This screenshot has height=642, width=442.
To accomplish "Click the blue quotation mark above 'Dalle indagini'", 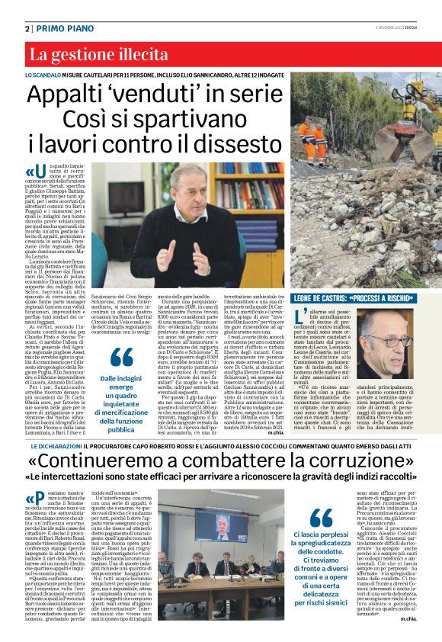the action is click(x=121, y=357).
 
